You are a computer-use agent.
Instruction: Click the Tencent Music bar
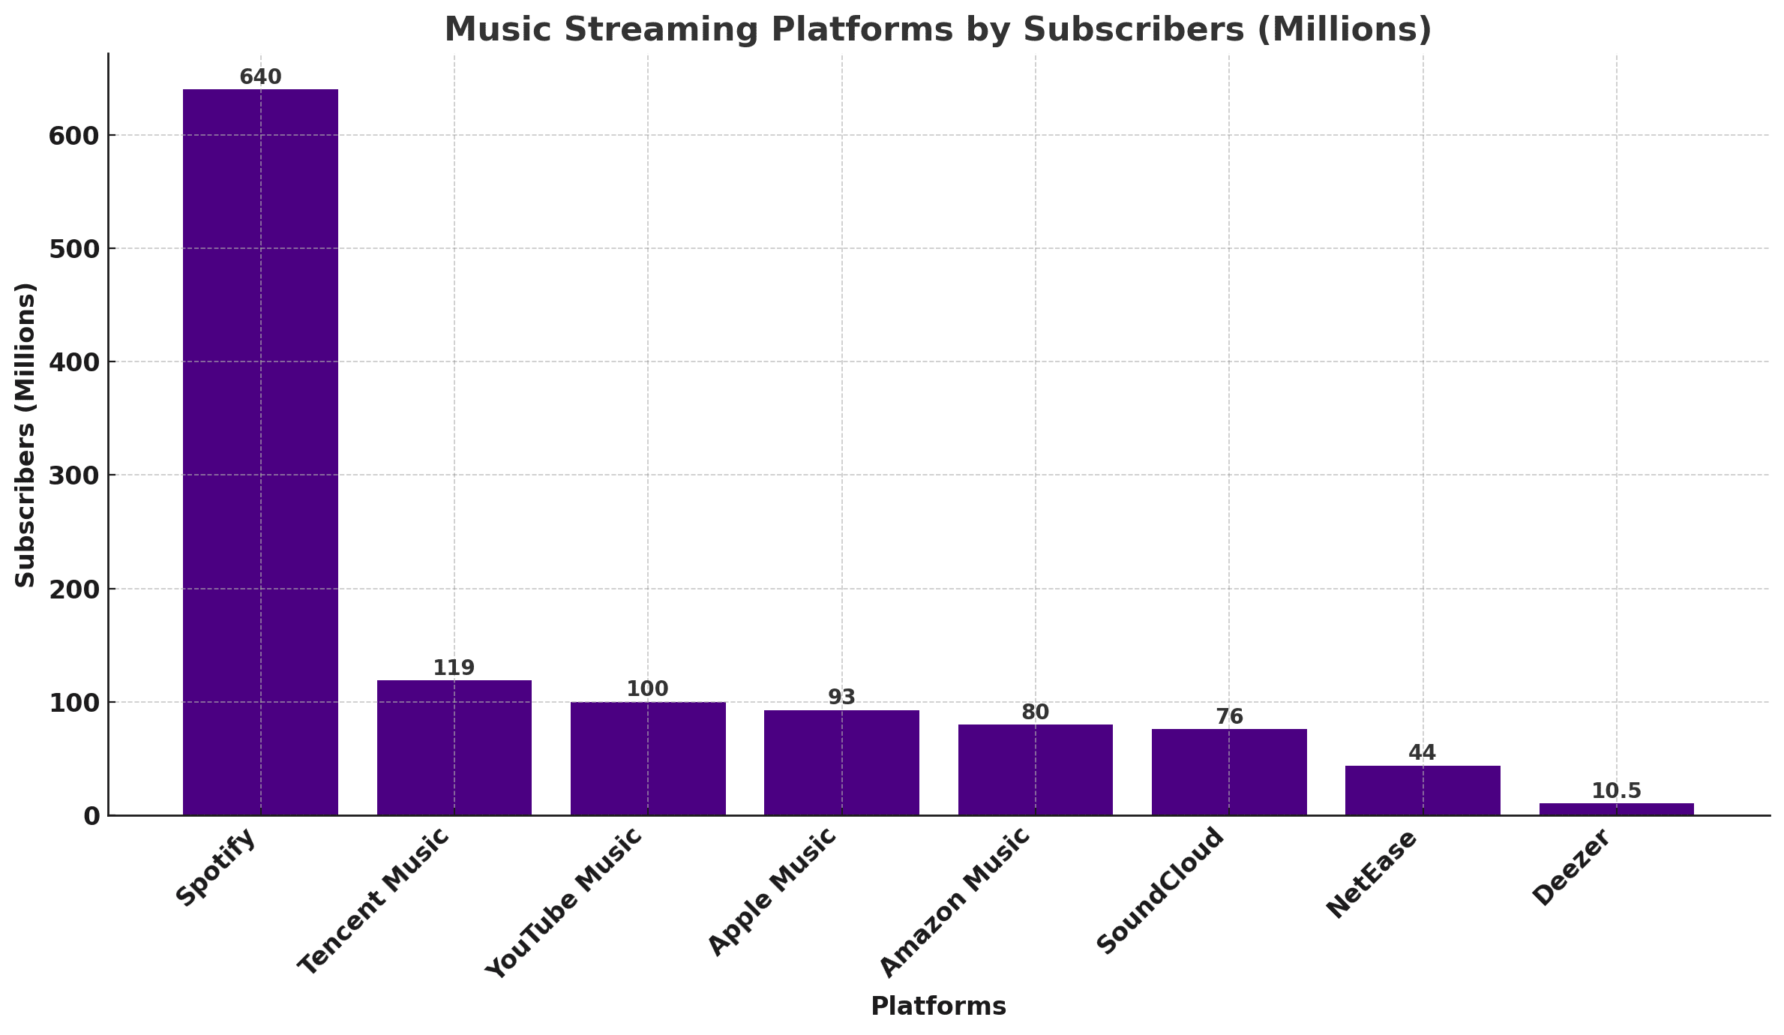click(x=454, y=747)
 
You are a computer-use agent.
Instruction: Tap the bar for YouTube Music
click(x=648, y=758)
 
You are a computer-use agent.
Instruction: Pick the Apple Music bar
click(x=841, y=762)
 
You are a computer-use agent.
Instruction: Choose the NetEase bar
click(x=1423, y=790)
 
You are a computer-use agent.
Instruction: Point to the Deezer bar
click(x=1616, y=808)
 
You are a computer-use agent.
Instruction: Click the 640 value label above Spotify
click(x=260, y=77)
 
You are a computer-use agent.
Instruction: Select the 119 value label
click(x=454, y=668)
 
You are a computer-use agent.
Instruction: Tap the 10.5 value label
click(x=1616, y=791)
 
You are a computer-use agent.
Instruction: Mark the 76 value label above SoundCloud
click(x=1229, y=717)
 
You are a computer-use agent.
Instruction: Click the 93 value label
click(x=841, y=697)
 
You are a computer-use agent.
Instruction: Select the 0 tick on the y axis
click(x=91, y=816)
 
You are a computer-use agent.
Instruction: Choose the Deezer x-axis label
click(x=1571, y=868)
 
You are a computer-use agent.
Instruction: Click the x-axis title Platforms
click(x=938, y=1006)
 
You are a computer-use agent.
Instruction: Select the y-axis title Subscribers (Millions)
click(x=25, y=435)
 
